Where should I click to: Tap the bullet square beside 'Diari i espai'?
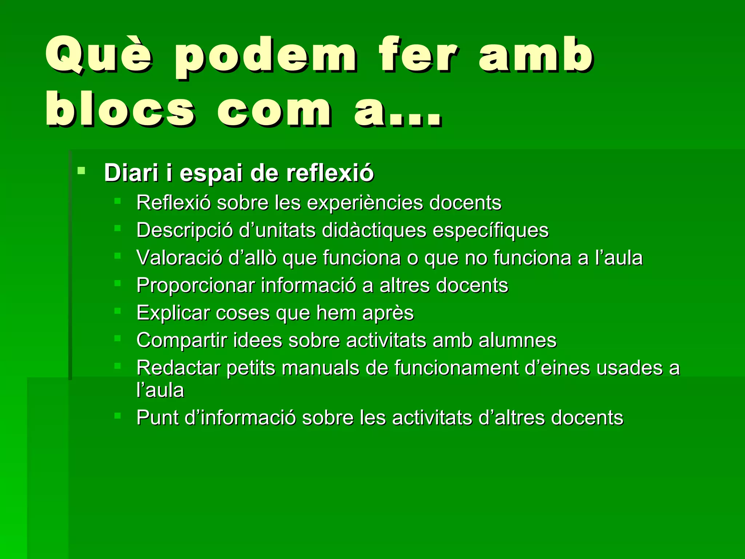(x=81, y=170)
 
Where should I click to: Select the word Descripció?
(x=185, y=230)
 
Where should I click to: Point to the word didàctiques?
(x=374, y=230)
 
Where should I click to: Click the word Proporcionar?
(x=196, y=285)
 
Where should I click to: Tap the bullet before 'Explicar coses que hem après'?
(x=117, y=311)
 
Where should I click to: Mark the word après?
(x=388, y=313)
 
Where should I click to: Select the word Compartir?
(x=182, y=341)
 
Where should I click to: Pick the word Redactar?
(x=178, y=368)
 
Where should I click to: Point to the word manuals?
(x=320, y=368)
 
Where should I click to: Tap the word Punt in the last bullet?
(x=158, y=417)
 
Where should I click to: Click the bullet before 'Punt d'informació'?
(x=117, y=415)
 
